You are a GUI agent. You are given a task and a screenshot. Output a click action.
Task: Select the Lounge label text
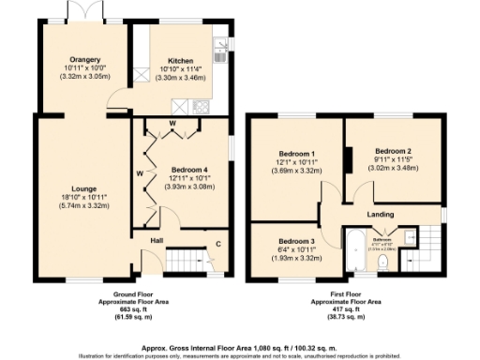[82, 187]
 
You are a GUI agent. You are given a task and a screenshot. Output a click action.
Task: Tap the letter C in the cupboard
[217, 246]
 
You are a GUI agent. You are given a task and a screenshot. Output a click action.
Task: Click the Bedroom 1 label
[296, 154]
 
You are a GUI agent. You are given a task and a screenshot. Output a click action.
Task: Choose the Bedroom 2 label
[393, 151]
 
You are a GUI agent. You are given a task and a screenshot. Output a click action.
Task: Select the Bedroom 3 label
[296, 241]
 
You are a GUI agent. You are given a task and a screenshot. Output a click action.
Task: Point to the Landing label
[379, 215]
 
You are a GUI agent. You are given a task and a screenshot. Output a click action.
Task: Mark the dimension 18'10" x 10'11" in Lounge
[82, 196]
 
